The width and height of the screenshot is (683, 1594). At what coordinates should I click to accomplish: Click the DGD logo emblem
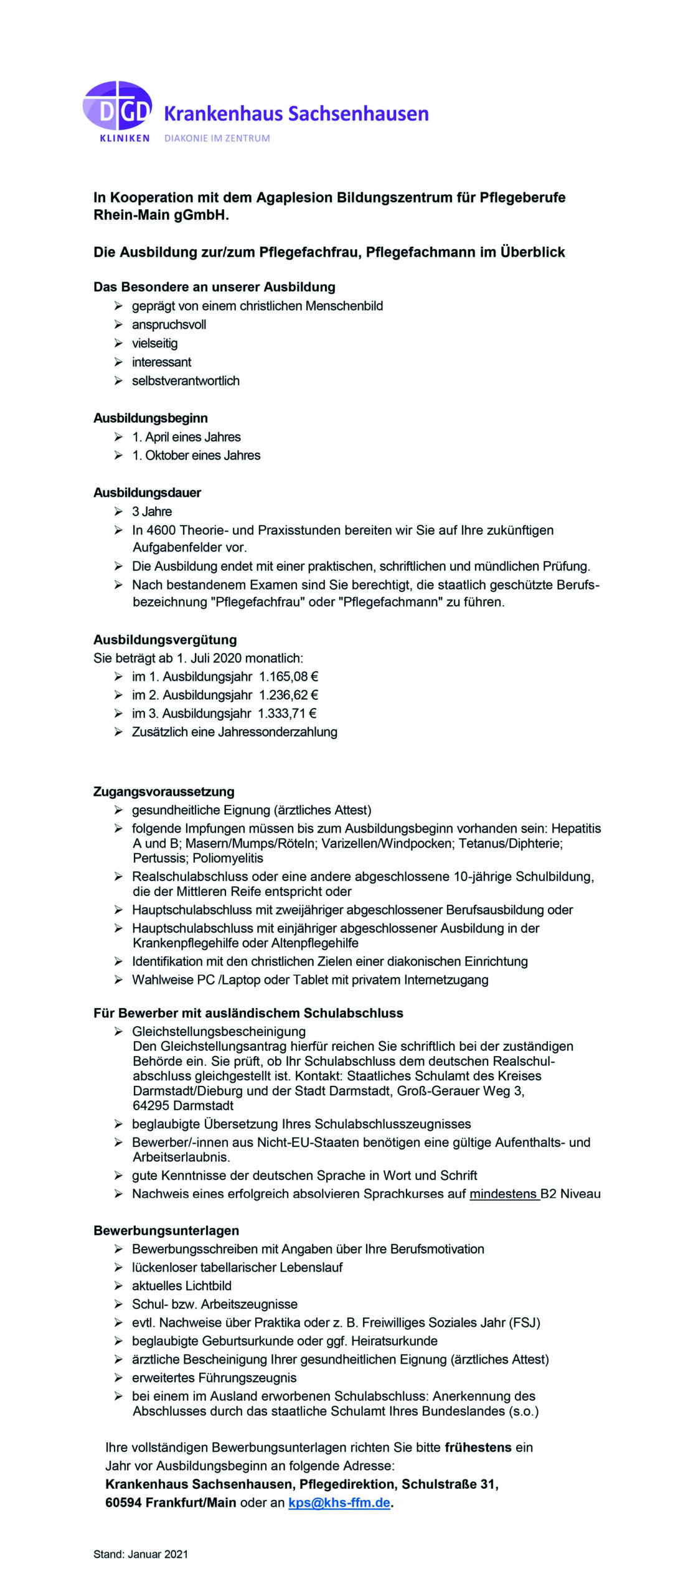117,107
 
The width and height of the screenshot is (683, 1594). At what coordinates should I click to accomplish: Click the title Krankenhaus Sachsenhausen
296,114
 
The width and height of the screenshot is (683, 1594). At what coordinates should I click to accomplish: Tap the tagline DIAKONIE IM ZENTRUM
217,138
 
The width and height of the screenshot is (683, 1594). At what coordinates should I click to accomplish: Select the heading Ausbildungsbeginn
151,418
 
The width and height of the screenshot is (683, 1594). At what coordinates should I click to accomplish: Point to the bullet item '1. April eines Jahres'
186,437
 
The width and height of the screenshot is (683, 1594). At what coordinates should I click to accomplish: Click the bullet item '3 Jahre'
152,512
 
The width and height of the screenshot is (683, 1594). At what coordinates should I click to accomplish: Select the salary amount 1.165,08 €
289,677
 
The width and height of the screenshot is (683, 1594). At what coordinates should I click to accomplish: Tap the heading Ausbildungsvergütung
165,639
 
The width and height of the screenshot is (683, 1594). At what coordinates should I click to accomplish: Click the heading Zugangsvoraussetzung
164,792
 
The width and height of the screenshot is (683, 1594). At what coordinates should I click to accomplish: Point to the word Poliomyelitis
228,858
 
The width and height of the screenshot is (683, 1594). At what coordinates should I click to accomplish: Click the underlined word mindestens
504,1194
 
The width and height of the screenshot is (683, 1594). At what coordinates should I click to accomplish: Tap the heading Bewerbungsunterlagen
166,1230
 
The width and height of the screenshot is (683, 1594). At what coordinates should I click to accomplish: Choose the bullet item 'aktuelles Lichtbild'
181,1286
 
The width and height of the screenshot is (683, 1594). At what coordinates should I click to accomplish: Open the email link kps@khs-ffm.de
339,1502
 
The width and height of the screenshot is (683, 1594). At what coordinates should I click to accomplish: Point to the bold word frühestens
478,1447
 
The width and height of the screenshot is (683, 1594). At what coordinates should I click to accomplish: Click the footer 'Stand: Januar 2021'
141,1554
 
